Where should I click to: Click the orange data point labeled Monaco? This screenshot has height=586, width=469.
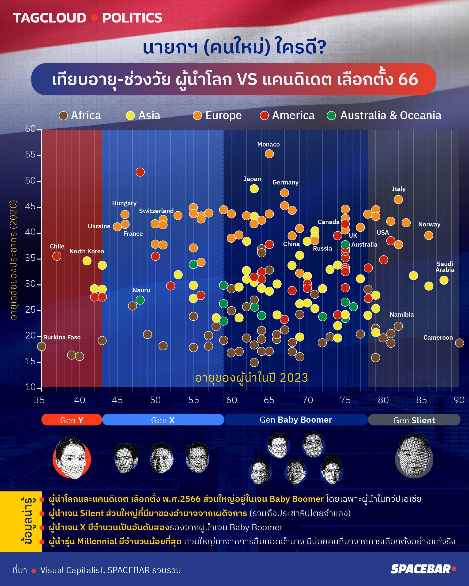269,154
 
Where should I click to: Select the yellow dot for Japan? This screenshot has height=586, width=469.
254,189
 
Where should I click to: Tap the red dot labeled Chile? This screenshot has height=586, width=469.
57,256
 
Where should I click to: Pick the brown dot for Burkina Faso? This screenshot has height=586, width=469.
41,346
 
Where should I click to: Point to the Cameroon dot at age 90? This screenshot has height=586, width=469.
459,343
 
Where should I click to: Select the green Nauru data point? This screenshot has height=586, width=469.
140,300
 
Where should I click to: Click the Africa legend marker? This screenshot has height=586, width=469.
63,116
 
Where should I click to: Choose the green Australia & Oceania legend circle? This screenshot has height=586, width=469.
331,116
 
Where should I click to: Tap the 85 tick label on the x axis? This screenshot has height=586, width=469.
421,400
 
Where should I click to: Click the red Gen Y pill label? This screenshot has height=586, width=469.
72,420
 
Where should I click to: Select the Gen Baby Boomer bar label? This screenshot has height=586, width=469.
296,420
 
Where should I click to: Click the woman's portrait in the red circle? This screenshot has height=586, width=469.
72,458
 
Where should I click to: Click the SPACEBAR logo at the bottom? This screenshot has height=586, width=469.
423,569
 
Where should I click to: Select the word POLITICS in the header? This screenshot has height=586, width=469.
132,18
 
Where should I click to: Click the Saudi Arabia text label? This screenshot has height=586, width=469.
445,267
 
